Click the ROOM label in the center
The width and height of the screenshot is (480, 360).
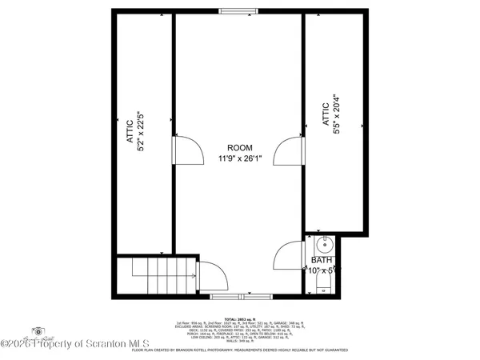pyautogui.click(x=240, y=147)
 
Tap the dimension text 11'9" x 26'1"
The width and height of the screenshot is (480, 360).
pyautogui.click(x=240, y=158)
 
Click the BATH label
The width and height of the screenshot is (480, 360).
pyautogui.click(x=322, y=260)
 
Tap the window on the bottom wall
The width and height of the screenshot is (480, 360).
pyautogui.click(x=232, y=296)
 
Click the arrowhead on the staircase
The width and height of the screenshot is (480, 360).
pyautogui.click(x=194, y=276)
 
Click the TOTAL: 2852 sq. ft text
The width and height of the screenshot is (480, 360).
pyautogui.click(x=239, y=318)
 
